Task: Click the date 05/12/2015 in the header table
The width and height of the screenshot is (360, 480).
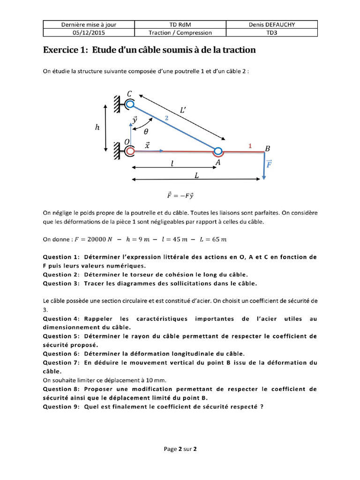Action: click(x=89, y=33)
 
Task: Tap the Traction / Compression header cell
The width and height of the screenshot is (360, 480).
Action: click(x=180, y=33)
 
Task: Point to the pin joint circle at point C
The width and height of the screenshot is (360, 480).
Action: click(x=130, y=104)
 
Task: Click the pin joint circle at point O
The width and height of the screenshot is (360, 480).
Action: click(x=130, y=151)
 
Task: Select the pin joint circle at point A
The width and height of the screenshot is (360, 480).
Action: click(x=218, y=151)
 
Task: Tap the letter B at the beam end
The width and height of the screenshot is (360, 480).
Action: click(x=268, y=149)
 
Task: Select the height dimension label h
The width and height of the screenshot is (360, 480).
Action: click(x=97, y=127)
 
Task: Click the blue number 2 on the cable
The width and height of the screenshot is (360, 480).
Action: click(x=166, y=119)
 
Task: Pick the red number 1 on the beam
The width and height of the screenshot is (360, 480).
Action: click(x=250, y=146)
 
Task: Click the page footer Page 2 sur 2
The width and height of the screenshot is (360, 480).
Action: click(x=180, y=449)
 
